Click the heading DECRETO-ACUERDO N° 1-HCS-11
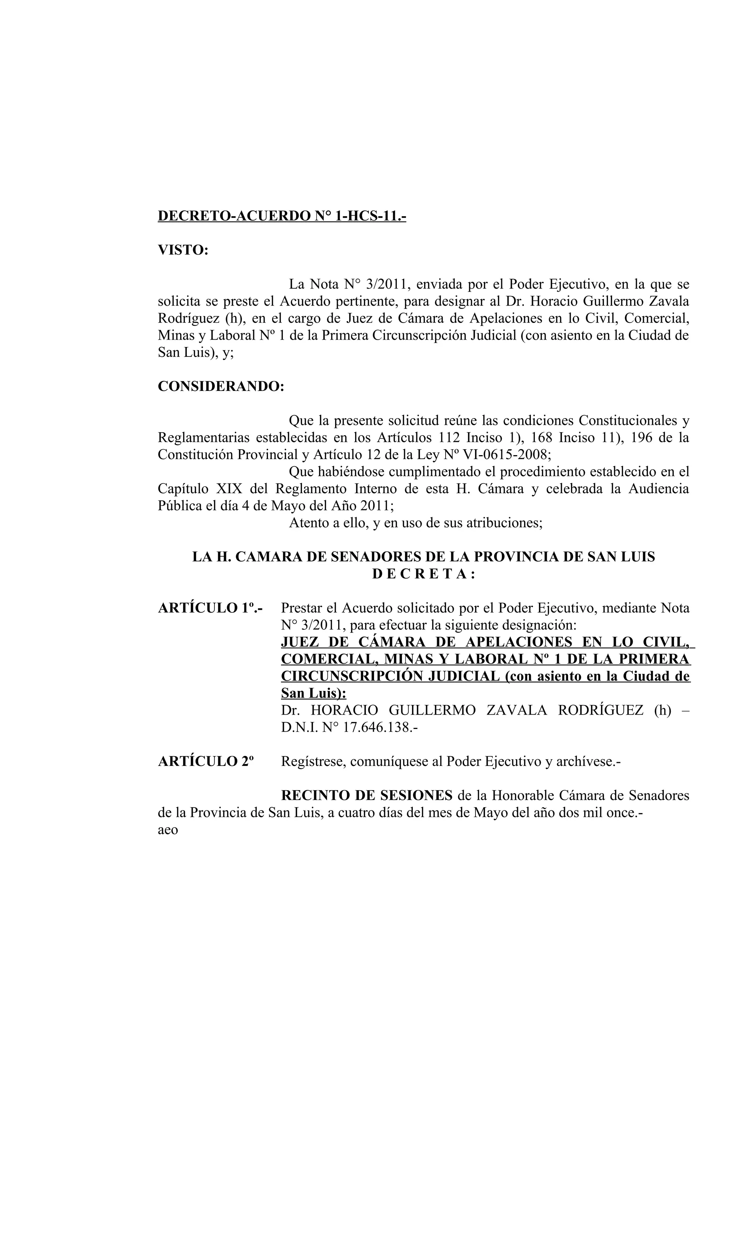(x=282, y=216)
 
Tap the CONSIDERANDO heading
(x=221, y=386)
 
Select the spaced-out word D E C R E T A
(x=423, y=574)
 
